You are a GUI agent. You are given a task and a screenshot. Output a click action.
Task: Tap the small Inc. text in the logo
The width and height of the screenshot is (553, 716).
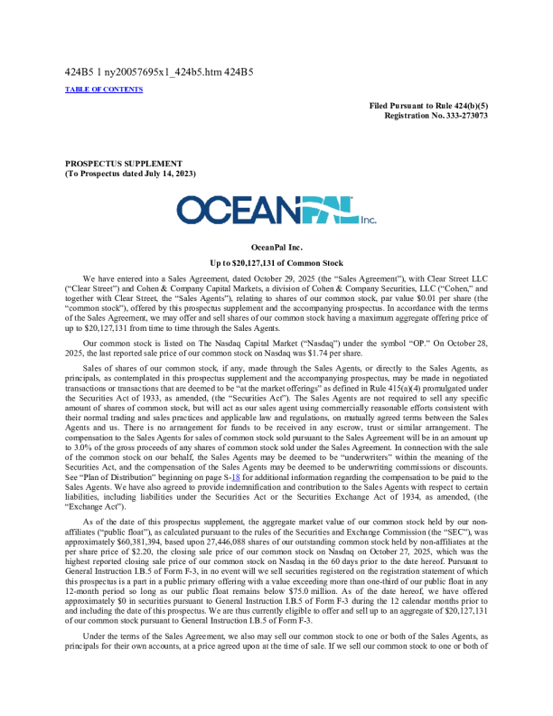pos(368,219)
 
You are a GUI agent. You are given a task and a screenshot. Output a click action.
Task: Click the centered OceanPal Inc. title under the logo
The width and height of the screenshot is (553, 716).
pos(276,245)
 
